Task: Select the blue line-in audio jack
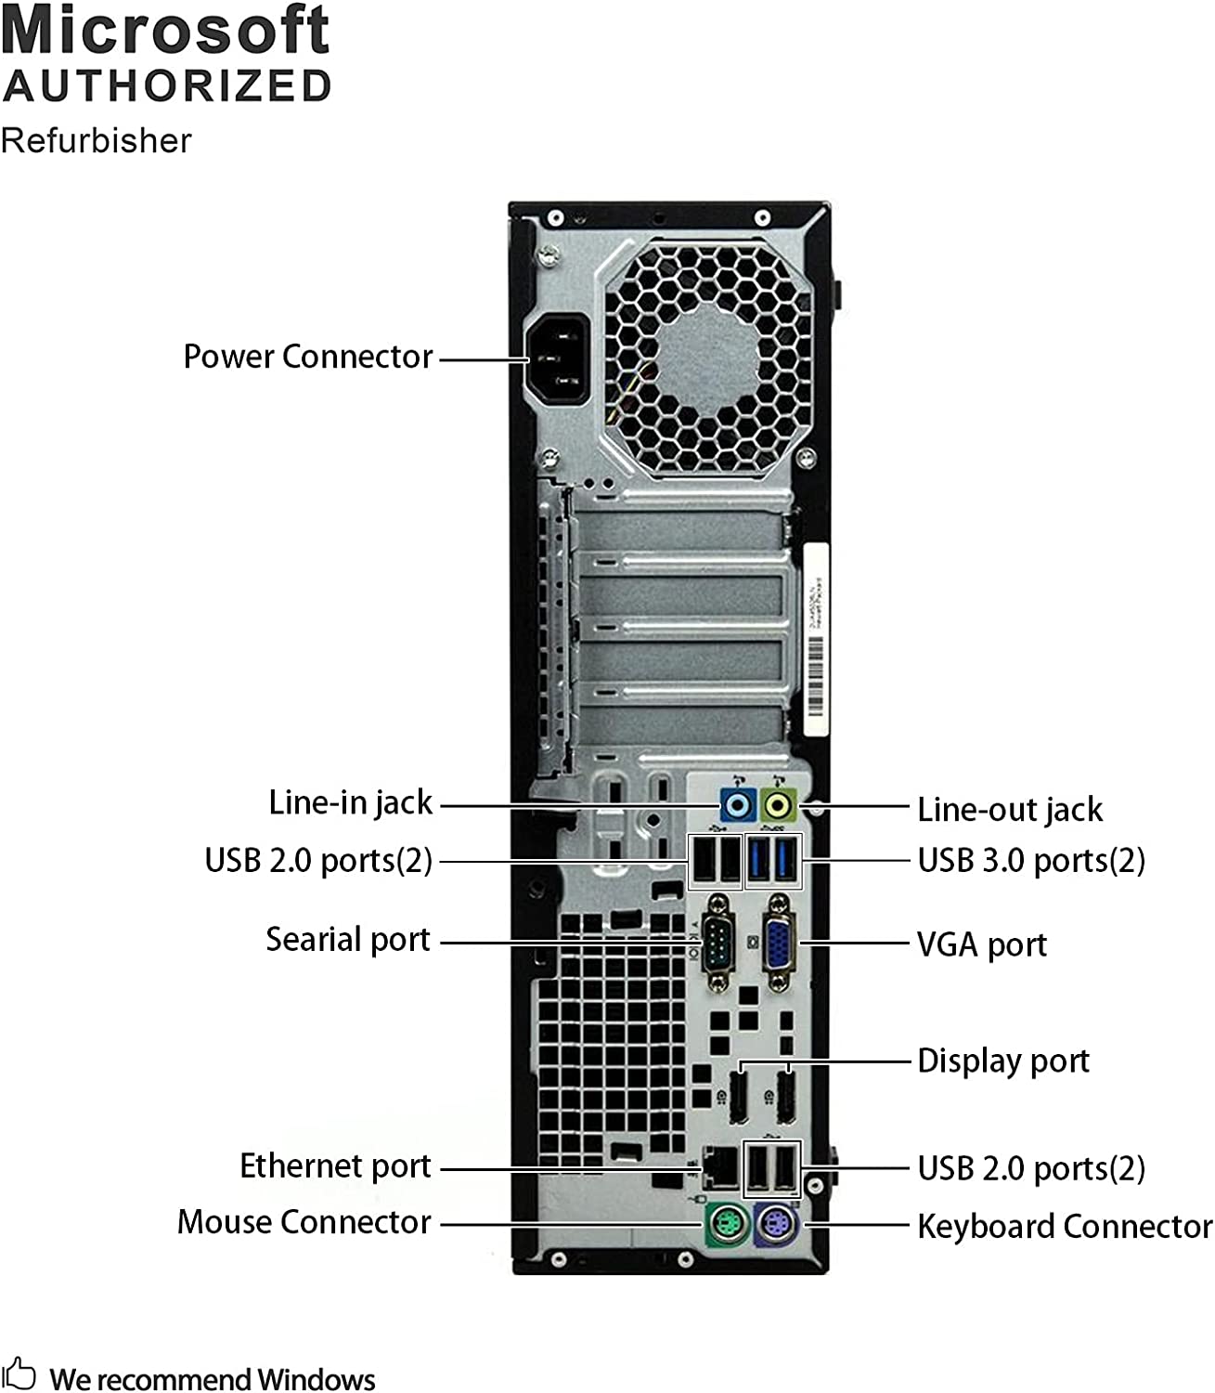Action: (x=737, y=805)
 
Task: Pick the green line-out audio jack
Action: (x=778, y=805)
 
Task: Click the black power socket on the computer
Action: (x=558, y=359)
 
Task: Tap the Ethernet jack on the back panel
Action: (x=719, y=1166)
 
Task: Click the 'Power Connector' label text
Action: (x=307, y=357)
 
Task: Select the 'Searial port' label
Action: (x=348, y=940)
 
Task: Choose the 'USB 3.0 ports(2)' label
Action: (x=1030, y=861)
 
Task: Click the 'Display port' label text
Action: (x=1002, y=1061)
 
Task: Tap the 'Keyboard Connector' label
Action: (x=1064, y=1227)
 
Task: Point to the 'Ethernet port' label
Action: (x=335, y=1166)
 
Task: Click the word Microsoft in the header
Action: (x=165, y=30)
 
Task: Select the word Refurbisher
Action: (x=96, y=141)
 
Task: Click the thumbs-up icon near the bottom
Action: (x=19, y=1374)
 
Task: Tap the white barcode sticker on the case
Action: (x=814, y=641)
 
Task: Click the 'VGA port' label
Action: (x=981, y=945)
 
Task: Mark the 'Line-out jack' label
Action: (x=1009, y=810)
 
